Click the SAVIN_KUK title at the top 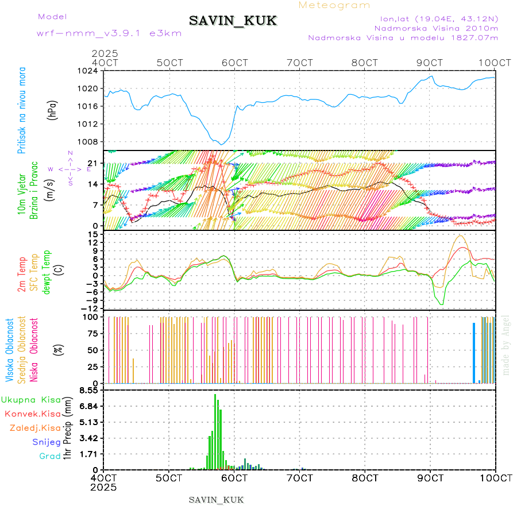tap(233, 21)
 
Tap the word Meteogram tap(334, 5)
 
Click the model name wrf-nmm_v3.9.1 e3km tap(109, 33)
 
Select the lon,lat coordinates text tap(435, 18)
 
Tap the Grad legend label tap(49, 456)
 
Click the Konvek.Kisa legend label tap(33, 414)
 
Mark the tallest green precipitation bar tap(215, 431)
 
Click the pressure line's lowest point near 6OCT tap(221, 144)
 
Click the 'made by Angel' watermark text tap(506, 344)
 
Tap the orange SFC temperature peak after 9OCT tap(460, 236)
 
